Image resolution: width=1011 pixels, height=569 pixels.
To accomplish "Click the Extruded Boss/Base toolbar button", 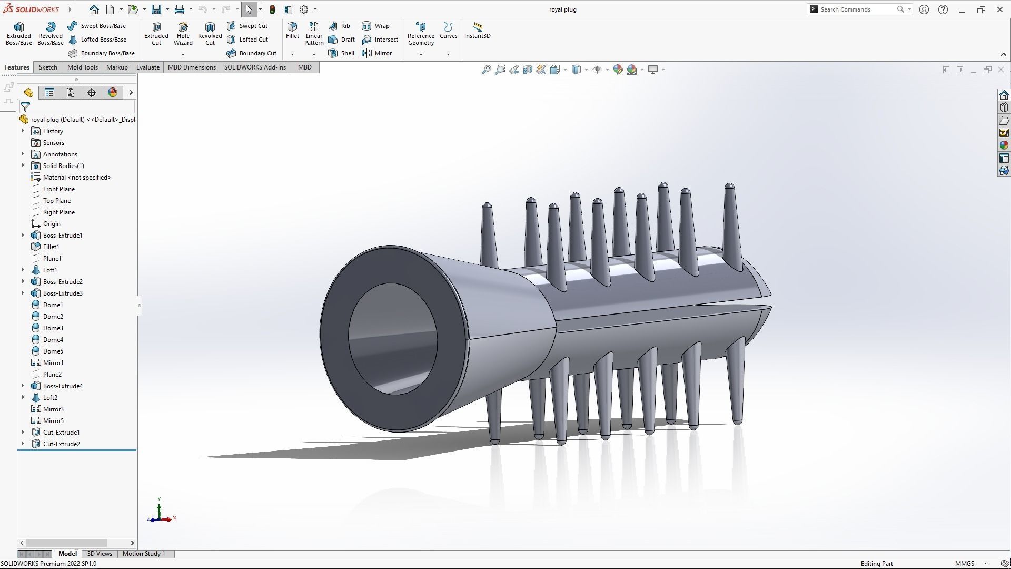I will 18,34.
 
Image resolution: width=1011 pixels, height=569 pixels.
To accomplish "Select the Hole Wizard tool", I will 183,34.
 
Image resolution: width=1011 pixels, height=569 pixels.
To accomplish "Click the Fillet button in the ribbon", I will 292,31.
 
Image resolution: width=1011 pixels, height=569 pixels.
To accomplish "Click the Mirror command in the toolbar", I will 377,53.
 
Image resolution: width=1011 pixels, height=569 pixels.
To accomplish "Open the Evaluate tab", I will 147,67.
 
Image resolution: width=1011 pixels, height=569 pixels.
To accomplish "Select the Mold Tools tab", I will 82,67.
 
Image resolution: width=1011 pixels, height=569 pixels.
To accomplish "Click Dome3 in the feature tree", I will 53,328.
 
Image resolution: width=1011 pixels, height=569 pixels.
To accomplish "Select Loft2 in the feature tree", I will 50,398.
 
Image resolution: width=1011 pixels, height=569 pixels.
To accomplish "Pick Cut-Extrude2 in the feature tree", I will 61,444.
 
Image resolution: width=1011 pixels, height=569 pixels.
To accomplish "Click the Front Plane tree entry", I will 58,189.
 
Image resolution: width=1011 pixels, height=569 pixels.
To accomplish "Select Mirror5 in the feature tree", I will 53,421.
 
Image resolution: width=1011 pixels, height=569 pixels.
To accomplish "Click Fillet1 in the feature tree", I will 51,247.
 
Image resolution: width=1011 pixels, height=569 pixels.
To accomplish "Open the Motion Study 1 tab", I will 144,554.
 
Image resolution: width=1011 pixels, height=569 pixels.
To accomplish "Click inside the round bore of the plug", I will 392,340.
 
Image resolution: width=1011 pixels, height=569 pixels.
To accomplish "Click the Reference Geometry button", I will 421,34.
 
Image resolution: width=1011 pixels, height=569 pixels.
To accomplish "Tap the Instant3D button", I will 477,31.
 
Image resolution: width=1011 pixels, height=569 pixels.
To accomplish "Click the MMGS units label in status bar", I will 964,564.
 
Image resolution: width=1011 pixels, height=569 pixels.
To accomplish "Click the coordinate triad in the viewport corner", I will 160,514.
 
